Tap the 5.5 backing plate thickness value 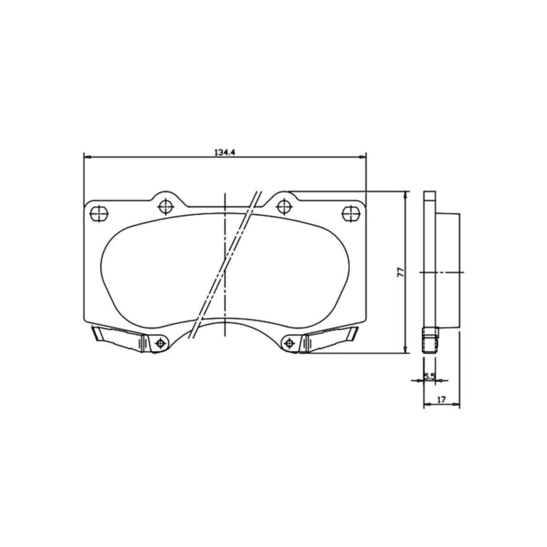429,376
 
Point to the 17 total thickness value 441,399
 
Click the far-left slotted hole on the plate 99,213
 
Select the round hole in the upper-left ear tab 166,207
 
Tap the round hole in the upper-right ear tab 284,207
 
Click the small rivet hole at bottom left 160,344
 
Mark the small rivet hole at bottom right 289,344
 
